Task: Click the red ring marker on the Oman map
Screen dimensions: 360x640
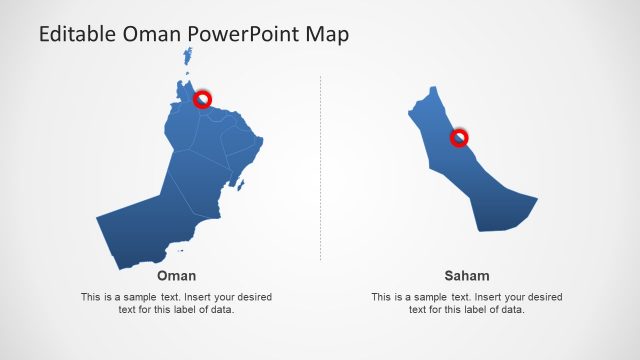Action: [x=202, y=98]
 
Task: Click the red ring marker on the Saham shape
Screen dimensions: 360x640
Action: [x=459, y=138]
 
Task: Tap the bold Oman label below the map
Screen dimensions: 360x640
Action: [x=176, y=276]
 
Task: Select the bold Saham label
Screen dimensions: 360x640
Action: [x=467, y=276]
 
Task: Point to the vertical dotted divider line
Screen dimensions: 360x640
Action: [x=320, y=170]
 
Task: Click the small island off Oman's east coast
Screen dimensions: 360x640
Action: [x=240, y=183]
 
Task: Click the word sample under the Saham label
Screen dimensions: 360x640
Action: [x=427, y=297]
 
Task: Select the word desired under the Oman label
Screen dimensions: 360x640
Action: [x=249, y=297]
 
